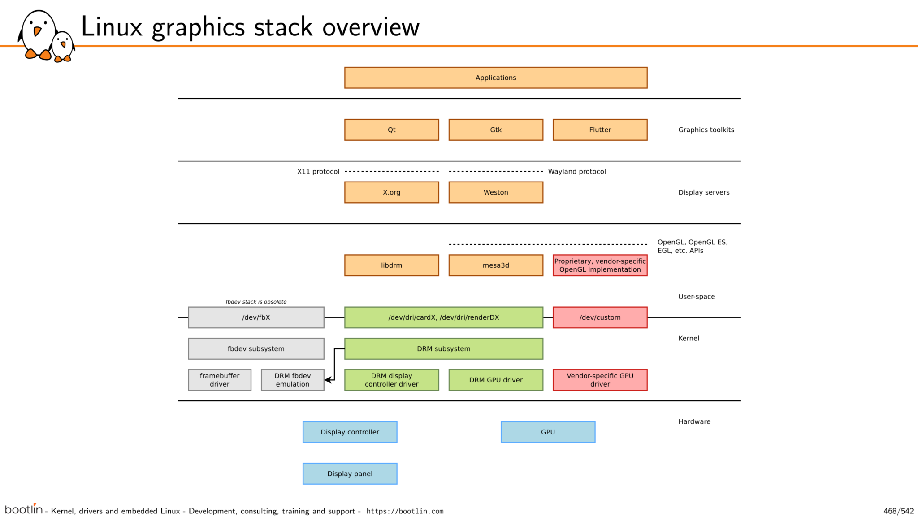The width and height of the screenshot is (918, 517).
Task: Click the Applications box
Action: point(496,78)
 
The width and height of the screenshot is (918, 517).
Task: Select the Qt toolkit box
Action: point(392,130)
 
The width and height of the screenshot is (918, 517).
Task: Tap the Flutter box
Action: point(600,130)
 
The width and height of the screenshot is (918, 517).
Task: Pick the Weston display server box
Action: point(496,192)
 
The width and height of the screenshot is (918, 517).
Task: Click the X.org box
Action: point(392,192)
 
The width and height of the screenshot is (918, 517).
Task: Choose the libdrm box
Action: point(392,265)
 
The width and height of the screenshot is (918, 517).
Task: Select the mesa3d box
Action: point(496,265)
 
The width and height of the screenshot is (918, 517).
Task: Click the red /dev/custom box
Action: point(600,317)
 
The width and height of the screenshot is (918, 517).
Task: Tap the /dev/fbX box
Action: point(256,317)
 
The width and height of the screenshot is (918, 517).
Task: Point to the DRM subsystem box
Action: point(444,348)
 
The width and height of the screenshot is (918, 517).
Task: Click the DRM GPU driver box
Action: point(496,380)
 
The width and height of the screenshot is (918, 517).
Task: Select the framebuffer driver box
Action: point(220,380)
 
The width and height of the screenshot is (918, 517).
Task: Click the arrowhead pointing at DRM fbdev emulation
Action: point(329,380)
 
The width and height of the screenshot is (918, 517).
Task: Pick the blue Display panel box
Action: point(350,474)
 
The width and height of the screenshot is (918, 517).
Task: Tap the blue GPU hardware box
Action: point(548,432)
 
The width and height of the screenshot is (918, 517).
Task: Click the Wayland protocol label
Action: point(577,171)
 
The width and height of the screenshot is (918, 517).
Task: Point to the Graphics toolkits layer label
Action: point(706,130)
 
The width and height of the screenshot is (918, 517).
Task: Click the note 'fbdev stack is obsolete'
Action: point(256,302)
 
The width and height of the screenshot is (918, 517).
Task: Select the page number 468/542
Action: point(898,511)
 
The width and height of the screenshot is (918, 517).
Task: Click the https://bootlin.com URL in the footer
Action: point(405,511)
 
